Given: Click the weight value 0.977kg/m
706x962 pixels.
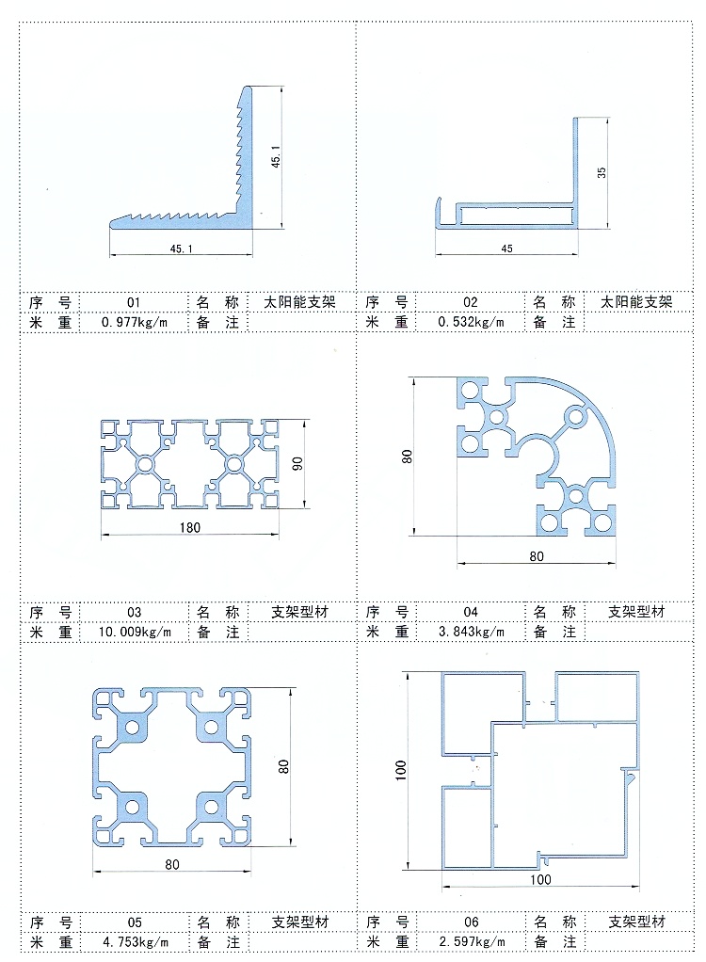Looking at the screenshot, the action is pos(135,322).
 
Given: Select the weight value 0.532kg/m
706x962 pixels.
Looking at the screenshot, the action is pos(471,322).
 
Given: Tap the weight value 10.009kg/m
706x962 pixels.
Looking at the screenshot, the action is pos(135,632).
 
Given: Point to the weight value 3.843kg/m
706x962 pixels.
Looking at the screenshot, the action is pos(472,632).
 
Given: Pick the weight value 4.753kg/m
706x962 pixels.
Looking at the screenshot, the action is pos(136,941).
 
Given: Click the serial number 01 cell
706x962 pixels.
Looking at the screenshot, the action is pos(134,302).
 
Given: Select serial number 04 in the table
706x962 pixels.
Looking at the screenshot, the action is pos(471,612).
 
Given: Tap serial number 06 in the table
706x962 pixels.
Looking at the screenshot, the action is pos(471,922).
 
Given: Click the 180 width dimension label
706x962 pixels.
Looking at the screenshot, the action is pos(190,528).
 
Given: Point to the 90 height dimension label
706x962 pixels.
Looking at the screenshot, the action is pos(297,464).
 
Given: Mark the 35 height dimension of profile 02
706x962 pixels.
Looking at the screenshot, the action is pos(602,172).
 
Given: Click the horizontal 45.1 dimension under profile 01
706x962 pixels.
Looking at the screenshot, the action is pos(181,249).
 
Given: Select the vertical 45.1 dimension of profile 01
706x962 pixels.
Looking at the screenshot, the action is pos(276,156).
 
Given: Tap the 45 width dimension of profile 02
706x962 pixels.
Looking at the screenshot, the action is pos(506,249).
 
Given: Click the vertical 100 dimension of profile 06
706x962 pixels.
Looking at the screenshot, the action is pos(401,771).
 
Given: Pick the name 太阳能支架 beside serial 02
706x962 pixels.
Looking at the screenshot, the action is pos(636,302).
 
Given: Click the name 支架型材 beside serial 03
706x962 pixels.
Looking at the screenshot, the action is pos(300,612).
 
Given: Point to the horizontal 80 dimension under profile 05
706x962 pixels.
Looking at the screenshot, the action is pos(172,864).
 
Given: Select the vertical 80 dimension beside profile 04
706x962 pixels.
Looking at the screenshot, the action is pos(407,457).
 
